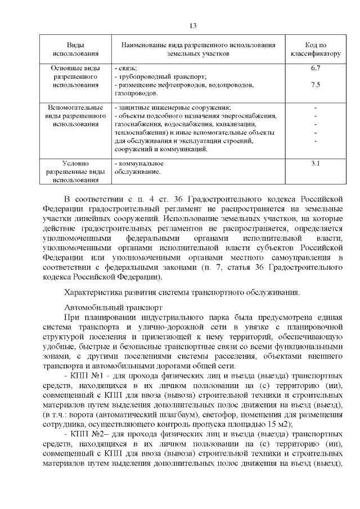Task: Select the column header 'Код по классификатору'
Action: [x=316, y=49]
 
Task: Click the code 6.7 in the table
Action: [x=316, y=68]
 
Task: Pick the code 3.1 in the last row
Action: [x=316, y=164]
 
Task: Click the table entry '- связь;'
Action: [x=126, y=68]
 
